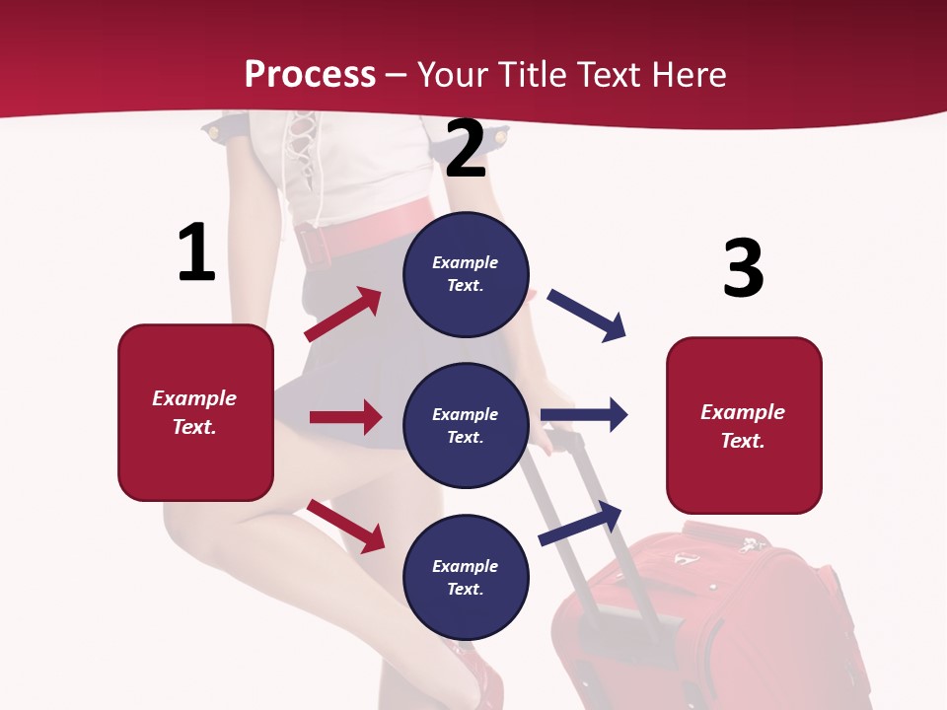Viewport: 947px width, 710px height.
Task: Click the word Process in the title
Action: point(310,74)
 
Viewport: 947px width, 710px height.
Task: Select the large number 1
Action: point(196,253)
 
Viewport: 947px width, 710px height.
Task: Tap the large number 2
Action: point(467,149)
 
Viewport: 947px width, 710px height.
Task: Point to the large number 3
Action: point(743,268)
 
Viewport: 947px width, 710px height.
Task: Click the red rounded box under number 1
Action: point(195,412)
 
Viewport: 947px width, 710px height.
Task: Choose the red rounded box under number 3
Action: point(744,425)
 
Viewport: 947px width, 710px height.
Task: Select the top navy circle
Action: point(466,274)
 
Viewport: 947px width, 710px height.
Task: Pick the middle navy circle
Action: point(466,425)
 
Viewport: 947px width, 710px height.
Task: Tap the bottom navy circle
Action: point(466,577)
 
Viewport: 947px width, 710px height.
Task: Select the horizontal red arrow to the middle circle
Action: point(345,417)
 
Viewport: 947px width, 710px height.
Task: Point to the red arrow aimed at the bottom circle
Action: point(345,526)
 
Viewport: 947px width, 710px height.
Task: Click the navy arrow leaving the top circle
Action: point(587,316)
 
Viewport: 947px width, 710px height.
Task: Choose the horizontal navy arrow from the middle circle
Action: point(584,414)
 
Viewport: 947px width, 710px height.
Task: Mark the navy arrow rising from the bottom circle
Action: point(580,523)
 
